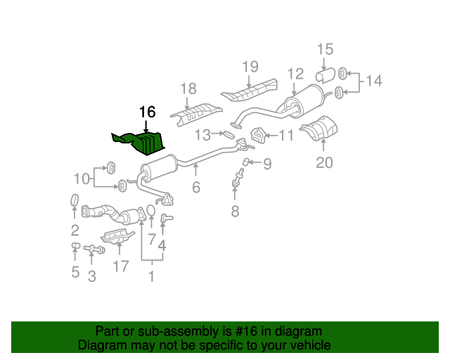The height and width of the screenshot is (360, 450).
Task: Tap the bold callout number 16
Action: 147,112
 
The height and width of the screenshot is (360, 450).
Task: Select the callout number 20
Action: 324,163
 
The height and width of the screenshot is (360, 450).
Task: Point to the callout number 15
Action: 325,49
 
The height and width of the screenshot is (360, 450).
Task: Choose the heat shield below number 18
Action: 196,115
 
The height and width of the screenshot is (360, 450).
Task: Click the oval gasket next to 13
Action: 229,134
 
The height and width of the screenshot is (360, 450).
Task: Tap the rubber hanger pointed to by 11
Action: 257,135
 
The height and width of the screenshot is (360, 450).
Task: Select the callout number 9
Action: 267,165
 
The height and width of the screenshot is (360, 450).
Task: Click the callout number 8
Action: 235,212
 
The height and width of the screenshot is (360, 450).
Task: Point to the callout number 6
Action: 196,188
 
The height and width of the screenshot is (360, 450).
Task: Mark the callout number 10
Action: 82,179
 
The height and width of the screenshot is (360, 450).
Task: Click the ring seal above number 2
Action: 75,200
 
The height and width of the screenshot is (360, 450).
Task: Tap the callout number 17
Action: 121,266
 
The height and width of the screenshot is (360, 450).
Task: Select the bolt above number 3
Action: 94,249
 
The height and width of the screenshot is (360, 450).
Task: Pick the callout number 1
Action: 152,277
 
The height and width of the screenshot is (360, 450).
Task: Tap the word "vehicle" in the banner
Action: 311,345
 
